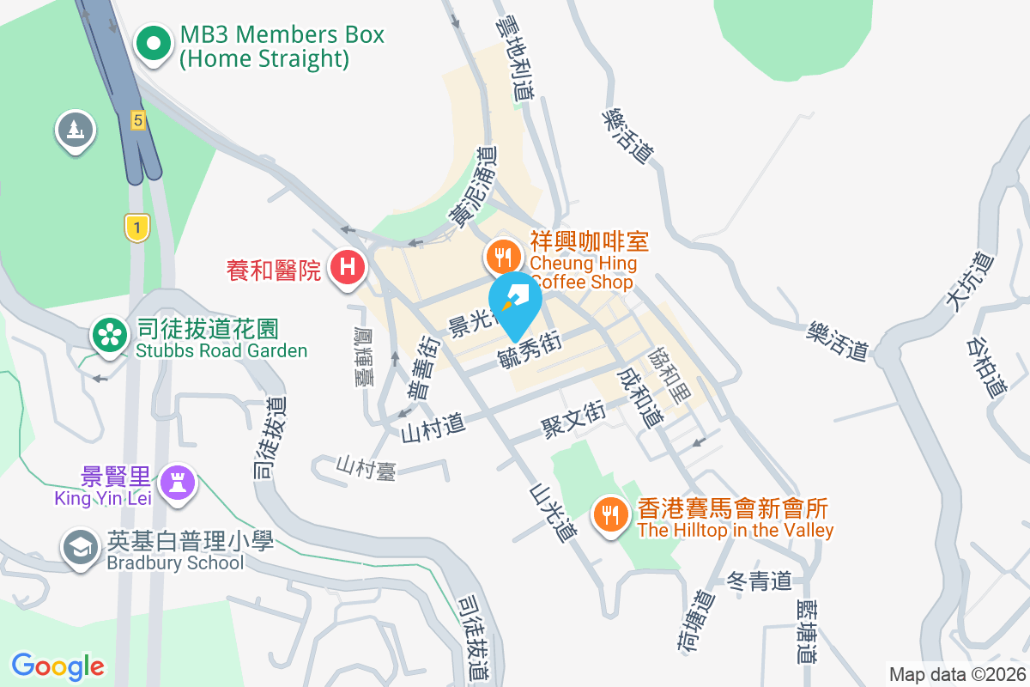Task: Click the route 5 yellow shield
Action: coord(137,119)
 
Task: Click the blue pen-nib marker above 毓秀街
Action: coord(515,302)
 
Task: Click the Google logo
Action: coord(58,666)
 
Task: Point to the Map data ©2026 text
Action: coord(956,674)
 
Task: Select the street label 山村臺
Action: coord(366,468)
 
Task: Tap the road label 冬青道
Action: coord(759,581)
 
